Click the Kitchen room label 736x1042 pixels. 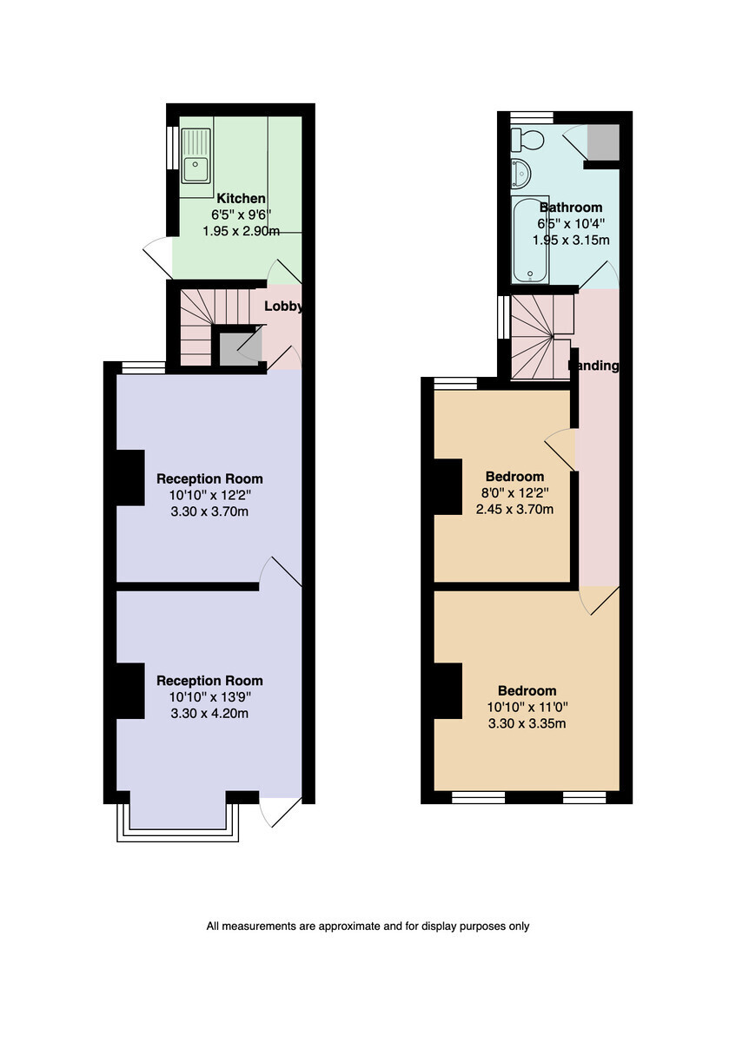241,199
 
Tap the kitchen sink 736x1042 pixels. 196,155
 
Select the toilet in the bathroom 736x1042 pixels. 527,140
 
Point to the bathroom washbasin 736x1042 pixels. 521,174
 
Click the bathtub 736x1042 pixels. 530,240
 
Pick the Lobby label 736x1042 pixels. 283,307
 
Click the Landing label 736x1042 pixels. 594,366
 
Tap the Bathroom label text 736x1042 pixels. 571,207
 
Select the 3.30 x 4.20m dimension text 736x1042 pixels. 209,713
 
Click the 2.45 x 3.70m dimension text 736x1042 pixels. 514,510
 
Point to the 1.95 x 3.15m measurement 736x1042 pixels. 571,240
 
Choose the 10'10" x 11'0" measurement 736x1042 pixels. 527,708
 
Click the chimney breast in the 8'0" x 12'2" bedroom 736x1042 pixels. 448,487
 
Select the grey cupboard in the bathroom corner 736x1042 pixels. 603,142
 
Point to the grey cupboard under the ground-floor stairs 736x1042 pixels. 241,349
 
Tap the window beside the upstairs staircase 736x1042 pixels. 503,318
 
